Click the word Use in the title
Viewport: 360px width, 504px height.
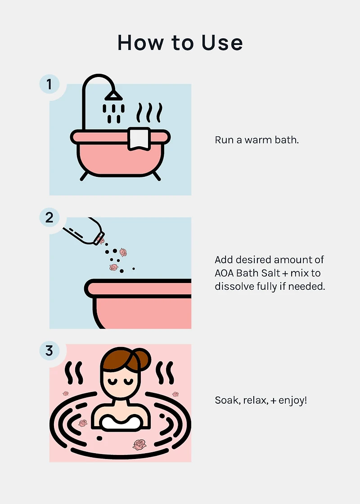point(222,42)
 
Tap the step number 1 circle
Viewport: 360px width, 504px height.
point(49,84)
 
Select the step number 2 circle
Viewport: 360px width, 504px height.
point(49,218)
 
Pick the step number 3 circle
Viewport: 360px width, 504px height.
point(49,351)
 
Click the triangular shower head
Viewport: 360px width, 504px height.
point(113,95)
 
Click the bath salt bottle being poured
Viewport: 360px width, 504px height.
point(84,231)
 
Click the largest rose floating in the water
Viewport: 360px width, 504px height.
point(139,445)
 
